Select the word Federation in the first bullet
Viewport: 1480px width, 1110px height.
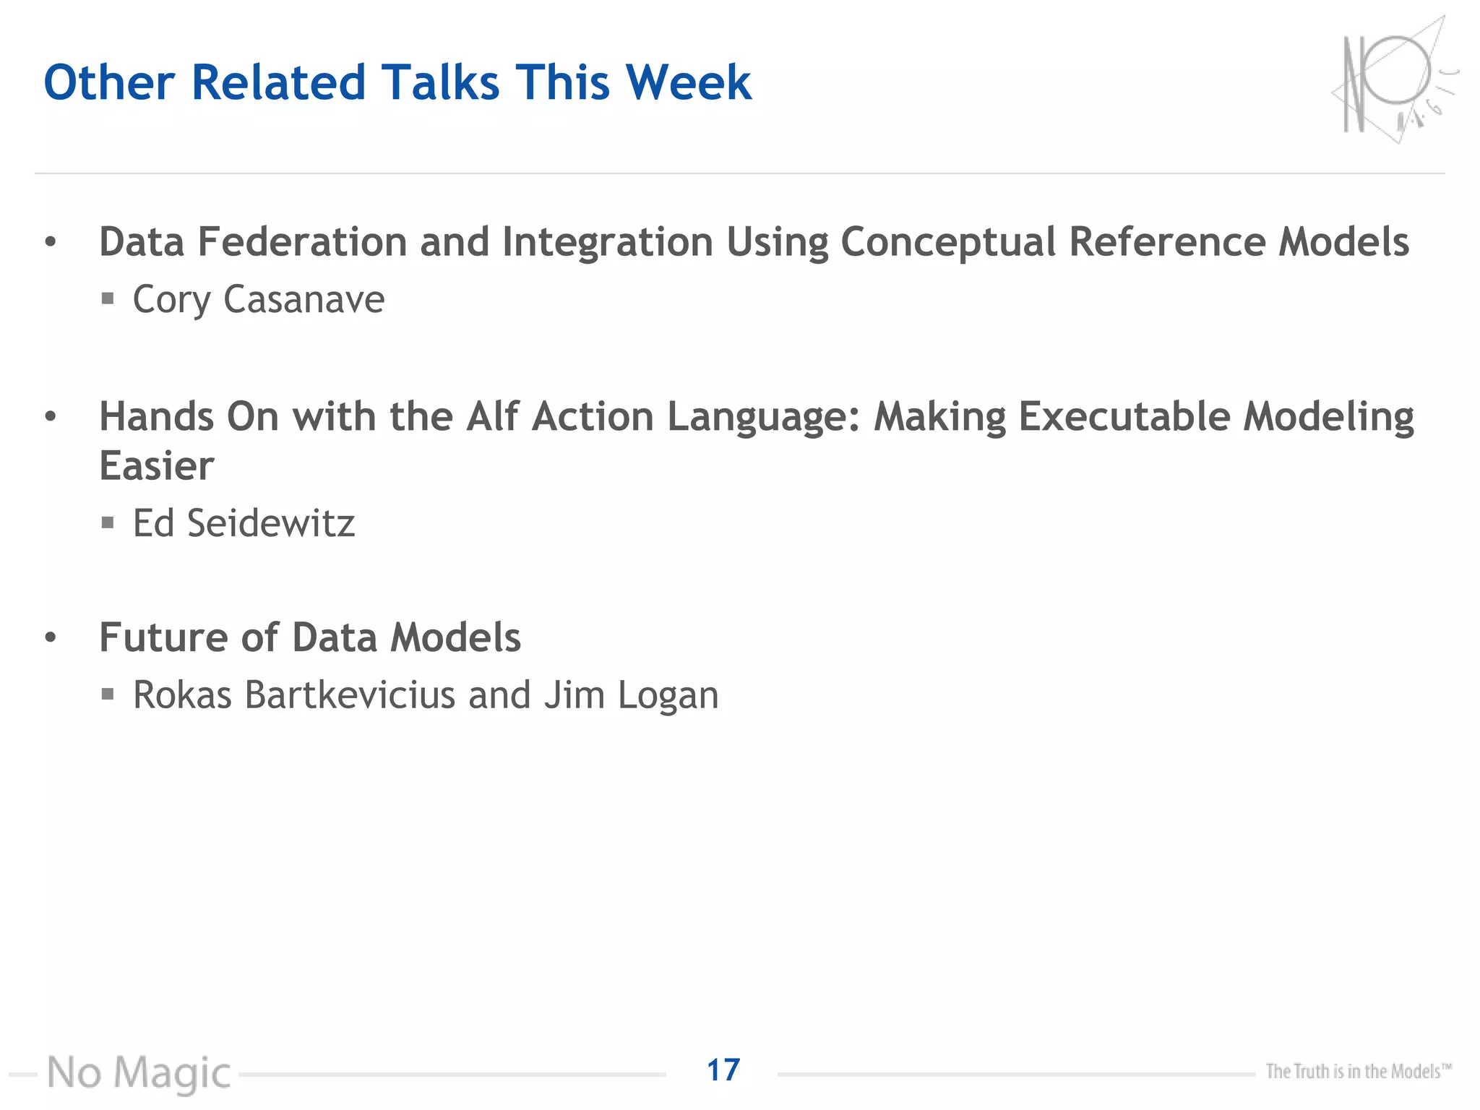302,241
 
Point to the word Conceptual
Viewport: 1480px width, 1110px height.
948,243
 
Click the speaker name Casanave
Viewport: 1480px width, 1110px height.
304,299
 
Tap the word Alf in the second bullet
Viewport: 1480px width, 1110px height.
492,417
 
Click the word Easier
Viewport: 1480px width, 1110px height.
157,465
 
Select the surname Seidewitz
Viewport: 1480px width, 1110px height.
271,523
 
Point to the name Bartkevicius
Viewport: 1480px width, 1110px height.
350,695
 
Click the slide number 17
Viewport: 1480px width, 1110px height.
723,1070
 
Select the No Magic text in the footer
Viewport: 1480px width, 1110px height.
139,1073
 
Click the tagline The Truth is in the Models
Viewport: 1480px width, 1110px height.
1358,1071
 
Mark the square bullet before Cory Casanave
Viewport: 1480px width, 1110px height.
108,298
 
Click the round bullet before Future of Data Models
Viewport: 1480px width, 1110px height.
50,637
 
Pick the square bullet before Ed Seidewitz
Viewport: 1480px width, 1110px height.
108,522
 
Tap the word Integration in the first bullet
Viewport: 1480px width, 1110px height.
607,243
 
